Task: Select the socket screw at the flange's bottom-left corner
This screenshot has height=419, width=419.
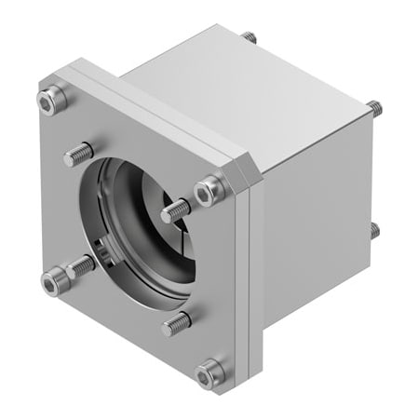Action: (x=55, y=277)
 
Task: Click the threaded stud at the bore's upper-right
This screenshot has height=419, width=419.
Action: (x=176, y=211)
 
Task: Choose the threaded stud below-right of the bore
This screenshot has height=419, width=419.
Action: (x=175, y=324)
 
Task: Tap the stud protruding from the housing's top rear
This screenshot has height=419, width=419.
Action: (x=249, y=37)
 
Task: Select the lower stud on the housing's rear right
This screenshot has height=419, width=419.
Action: (x=373, y=228)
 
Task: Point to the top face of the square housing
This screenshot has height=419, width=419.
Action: (x=251, y=93)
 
